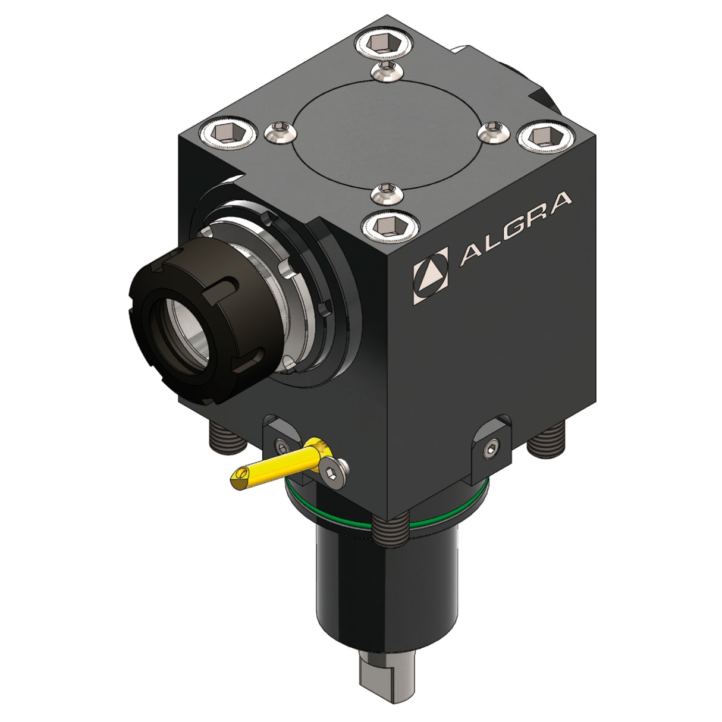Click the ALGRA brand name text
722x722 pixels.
(x=516, y=229)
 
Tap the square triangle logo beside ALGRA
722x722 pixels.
(x=431, y=275)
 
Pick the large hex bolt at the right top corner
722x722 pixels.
(x=546, y=136)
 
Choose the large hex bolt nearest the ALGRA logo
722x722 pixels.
(x=390, y=225)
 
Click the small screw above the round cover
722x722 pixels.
(x=387, y=71)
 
